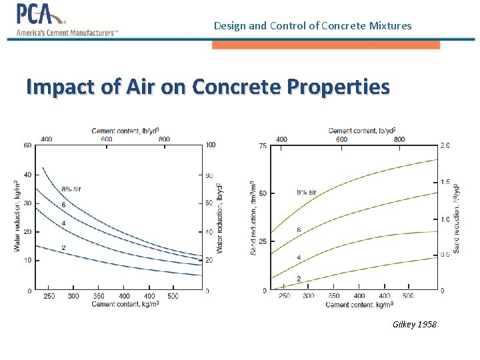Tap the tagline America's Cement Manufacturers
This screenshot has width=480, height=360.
pyautogui.click(x=67, y=33)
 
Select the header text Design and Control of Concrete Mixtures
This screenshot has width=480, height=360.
pyautogui.click(x=313, y=26)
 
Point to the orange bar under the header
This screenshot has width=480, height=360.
pyautogui.click(x=325, y=45)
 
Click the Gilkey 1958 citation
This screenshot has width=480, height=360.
pyautogui.click(x=415, y=324)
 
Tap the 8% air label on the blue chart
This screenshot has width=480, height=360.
pyautogui.click(x=71, y=189)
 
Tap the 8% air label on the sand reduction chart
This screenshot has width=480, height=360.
pyautogui.click(x=306, y=193)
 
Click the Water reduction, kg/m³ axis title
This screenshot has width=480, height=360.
pyautogui.click(x=17, y=217)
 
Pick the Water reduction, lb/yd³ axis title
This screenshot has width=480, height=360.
pyautogui.click(x=219, y=217)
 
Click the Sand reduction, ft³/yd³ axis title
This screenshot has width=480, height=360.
pyautogui.click(x=457, y=217)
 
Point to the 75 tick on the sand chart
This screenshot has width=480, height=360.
pyautogui.click(x=263, y=145)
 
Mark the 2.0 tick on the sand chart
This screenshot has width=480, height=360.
pyautogui.click(x=445, y=145)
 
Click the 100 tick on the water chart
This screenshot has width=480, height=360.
pyautogui.click(x=211, y=145)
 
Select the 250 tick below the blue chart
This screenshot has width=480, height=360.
pyautogui.click(x=49, y=296)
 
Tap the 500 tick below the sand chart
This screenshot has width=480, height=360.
pyautogui.click(x=409, y=296)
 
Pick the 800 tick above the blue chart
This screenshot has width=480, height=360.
pyautogui.click(x=165, y=139)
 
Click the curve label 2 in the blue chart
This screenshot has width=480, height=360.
pyautogui.click(x=63, y=247)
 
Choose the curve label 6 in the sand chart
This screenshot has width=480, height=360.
pyautogui.click(x=299, y=230)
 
